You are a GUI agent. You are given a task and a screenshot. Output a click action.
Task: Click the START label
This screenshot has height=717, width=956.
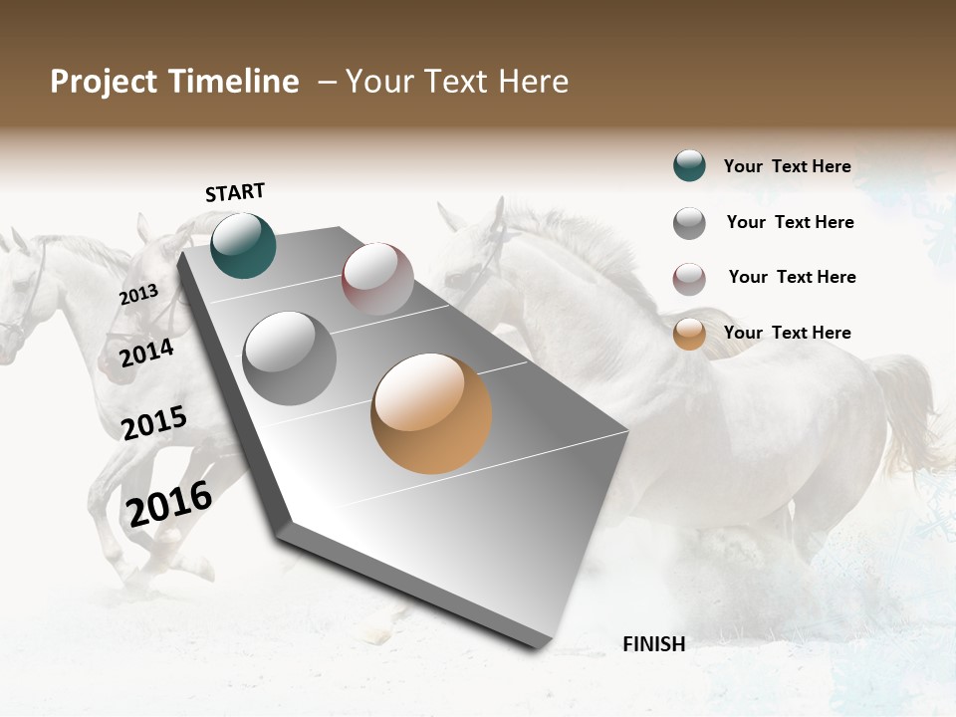click(x=235, y=192)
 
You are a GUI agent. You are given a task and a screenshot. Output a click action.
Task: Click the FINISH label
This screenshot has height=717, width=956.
click(x=653, y=643)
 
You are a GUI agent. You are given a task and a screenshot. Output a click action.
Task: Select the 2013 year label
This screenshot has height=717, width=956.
click(x=138, y=295)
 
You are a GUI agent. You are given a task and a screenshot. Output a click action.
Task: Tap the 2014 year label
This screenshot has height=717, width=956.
click(x=146, y=353)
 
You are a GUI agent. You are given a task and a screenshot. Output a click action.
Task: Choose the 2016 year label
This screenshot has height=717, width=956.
click(x=169, y=503)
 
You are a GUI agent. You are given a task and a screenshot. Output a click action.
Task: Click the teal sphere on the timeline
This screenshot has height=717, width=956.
click(x=244, y=245)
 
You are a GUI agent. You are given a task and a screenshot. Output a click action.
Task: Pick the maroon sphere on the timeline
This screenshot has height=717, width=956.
click(x=377, y=279)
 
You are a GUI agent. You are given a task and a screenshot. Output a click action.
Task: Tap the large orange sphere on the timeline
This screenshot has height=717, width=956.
click(x=431, y=413)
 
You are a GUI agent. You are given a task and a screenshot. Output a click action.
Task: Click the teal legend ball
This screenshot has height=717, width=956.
click(x=689, y=165)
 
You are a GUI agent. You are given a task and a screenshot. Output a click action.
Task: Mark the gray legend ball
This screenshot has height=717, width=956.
click(x=689, y=223)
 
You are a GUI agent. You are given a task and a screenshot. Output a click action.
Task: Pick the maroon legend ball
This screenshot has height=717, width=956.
click(x=689, y=279)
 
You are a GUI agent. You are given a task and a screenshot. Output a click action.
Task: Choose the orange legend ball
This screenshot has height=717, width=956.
click(x=689, y=334)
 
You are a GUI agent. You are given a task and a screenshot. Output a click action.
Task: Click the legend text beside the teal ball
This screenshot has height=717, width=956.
click(x=787, y=166)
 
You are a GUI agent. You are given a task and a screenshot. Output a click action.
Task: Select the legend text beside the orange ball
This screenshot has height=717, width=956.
click(x=787, y=333)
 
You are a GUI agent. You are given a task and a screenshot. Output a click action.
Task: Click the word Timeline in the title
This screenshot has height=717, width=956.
click(x=235, y=82)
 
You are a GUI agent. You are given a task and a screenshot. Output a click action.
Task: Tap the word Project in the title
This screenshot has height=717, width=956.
click(x=104, y=82)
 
